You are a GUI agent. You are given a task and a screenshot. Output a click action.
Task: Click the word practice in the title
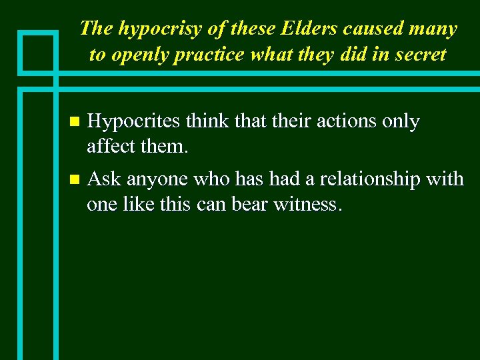pyautogui.click(x=211, y=55)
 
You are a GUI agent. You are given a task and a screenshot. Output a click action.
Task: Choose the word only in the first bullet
pyautogui.click(x=401, y=121)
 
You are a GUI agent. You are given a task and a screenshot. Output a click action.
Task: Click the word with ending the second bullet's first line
pyautogui.click(x=447, y=179)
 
